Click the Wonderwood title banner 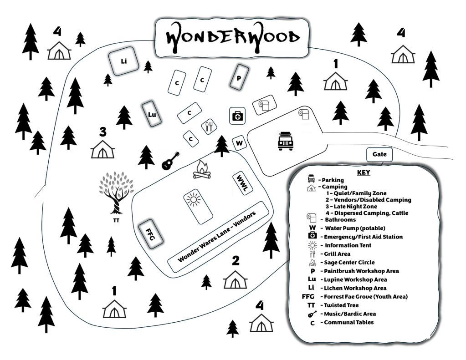coord(232,38)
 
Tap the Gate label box coord(379,154)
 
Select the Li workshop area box coord(123,61)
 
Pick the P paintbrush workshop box coord(239,77)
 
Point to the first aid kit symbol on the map coord(237,116)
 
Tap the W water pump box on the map coord(239,143)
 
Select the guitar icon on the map coord(170,161)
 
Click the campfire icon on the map coord(202,170)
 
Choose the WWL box coord(242,183)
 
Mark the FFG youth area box coord(151,234)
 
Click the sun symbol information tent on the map coord(198,206)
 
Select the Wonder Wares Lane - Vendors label coord(217,237)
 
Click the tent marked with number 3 coord(102,149)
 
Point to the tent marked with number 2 coord(235,279)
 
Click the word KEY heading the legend coord(364,172)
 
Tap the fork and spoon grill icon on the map coord(209,127)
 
